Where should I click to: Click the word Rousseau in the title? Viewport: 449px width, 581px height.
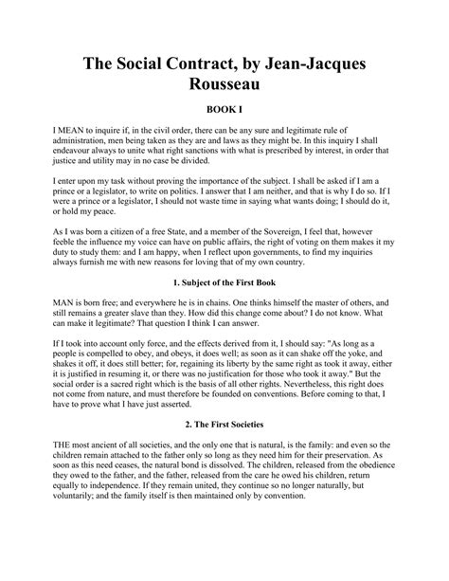(x=224, y=84)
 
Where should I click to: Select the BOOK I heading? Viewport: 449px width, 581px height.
(x=224, y=110)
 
